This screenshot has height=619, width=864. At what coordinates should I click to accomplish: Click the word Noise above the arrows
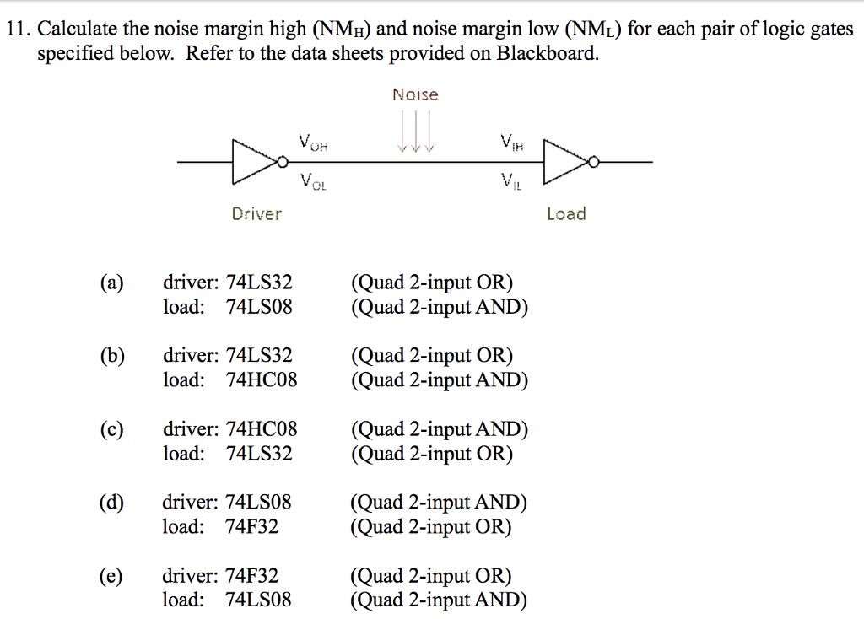point(415,94)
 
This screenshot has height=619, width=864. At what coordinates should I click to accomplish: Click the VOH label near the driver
point(312,142)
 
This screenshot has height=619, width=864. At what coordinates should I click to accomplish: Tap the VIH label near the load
point(511,142)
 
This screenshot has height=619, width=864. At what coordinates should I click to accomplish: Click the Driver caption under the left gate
point(256,214)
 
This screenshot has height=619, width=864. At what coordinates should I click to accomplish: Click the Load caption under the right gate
point(566,214)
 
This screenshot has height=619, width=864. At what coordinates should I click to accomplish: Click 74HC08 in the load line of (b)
point(262,380)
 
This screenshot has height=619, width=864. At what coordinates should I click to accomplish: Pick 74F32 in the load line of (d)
point(252,527)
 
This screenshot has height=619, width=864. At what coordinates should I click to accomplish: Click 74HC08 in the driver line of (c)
point(262,429)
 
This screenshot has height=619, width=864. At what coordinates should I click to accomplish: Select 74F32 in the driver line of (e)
point(252,576)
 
